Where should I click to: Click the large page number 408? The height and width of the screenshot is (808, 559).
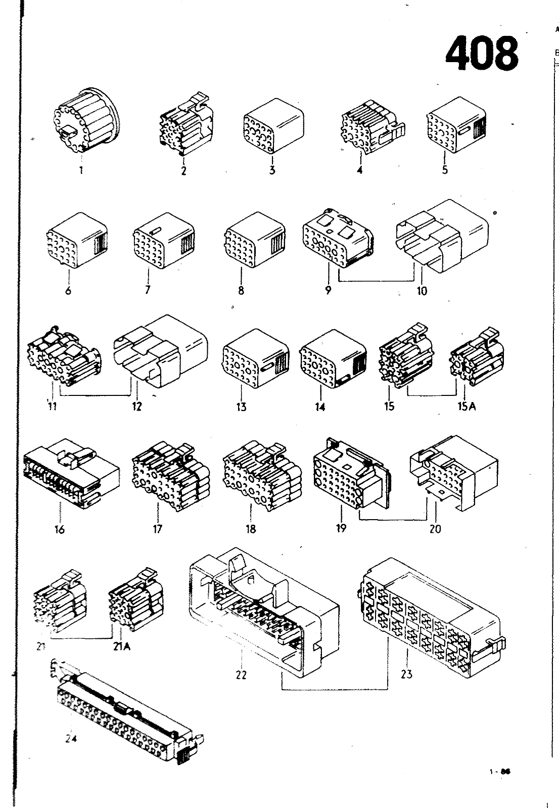pyautogui.click(x=482, y=53)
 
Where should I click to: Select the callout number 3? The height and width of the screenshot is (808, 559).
pyautogui.click(x=272, y=170)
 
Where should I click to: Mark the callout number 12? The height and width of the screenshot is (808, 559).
pyautogui.click(x=137, y=407)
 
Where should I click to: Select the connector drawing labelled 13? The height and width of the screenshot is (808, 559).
pyautogui.click(x=255, y=358)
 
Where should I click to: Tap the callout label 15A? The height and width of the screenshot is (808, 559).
pyautogui.click(x=467, y=406)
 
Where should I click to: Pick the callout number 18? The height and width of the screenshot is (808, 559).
pyautogui.click(x=251, y=529)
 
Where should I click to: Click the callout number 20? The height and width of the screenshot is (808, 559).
pyautogui.click(x=435, y=529)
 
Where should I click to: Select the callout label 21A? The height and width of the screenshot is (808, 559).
pyautogui.click(x=121, y=646)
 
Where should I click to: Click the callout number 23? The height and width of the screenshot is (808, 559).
pyautogui.click(x=407, y=674)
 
